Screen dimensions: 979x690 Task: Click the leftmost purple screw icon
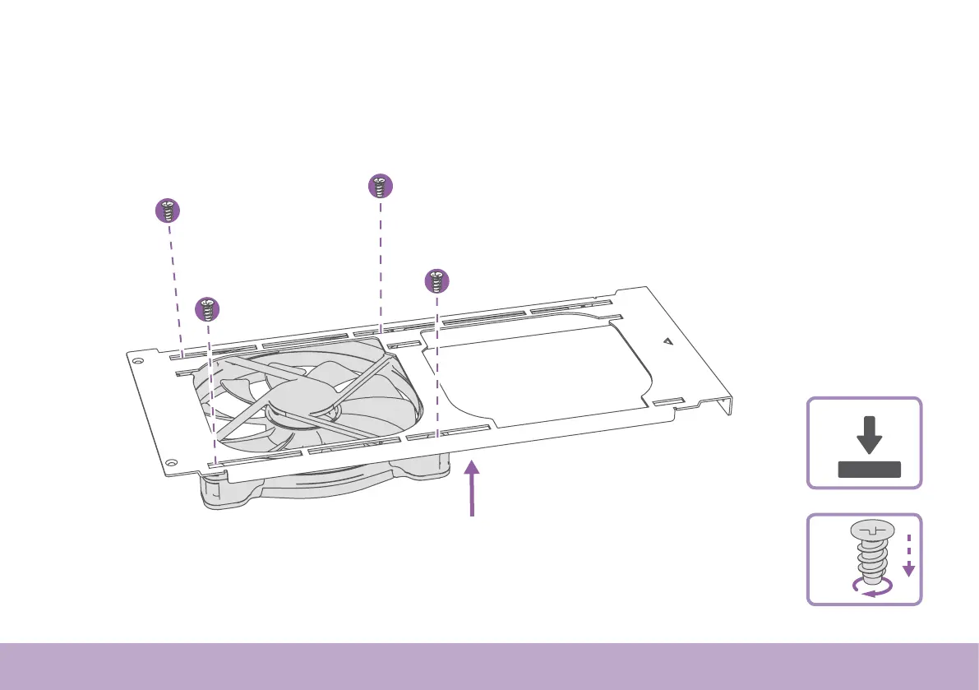pyautogui.click(x=168, y=211)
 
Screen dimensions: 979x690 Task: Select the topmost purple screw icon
pyautogui.click(x=379, y=187)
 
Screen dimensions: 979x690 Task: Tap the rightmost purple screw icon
pyautogui.click(x=437, y=281)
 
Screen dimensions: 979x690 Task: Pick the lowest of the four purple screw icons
pyautogui.click(x=208, y=310)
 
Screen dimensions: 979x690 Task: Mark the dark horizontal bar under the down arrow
pyautogui.click(x=869, y=470)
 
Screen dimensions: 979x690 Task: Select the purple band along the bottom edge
pyautogui.click(x=489, y=666)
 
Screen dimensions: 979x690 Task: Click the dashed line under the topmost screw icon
pyautogui.click(x=380, y=263)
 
